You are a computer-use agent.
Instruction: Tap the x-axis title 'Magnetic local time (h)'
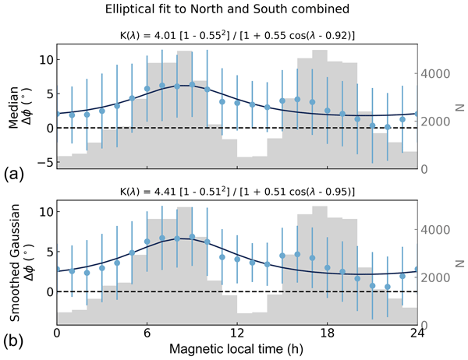point(236,350)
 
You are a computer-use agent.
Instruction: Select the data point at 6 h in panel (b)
point(147,242)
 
